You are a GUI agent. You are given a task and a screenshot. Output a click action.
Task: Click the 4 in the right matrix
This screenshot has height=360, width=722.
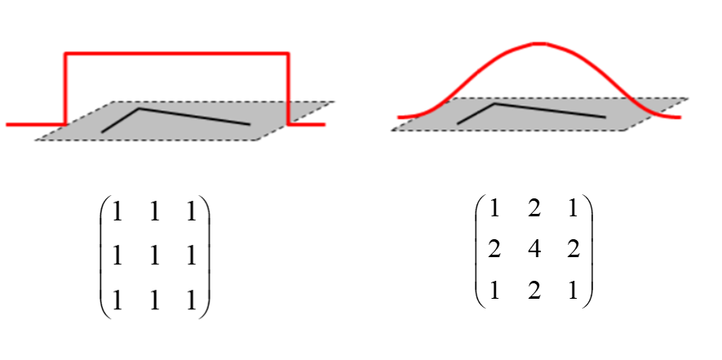click(534, 250)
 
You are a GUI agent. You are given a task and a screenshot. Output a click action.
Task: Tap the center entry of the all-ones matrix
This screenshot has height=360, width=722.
click(153, 256)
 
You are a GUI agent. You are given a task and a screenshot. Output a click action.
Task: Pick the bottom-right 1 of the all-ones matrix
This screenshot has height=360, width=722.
click(190, 300)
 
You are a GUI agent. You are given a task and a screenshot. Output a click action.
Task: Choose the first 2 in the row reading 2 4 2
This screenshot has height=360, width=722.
click(494, 250)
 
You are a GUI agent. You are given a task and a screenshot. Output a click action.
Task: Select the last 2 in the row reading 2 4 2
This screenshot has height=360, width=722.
click(573, 250)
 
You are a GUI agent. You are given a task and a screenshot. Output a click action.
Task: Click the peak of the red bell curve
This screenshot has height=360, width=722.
click(536, 42)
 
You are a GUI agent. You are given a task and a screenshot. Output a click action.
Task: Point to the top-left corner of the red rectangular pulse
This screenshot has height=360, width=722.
click(65, 54)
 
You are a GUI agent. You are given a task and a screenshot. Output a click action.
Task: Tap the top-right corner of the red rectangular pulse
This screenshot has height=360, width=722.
click(289, 54)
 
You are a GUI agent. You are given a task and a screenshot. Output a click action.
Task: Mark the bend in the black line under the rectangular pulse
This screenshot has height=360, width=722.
click(140, 108)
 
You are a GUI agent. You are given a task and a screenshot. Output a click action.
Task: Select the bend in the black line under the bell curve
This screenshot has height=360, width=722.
click(494, 104)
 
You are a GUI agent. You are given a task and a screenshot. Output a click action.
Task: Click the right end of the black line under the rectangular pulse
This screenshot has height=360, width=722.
click(249, 125)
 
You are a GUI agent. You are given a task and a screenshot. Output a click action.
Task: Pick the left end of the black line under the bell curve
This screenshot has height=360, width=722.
click(458, 123)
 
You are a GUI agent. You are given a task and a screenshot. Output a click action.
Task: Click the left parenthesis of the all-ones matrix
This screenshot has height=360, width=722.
click(103, 256)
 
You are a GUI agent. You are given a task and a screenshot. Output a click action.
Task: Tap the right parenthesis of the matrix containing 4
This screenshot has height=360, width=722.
click(588, 250)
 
